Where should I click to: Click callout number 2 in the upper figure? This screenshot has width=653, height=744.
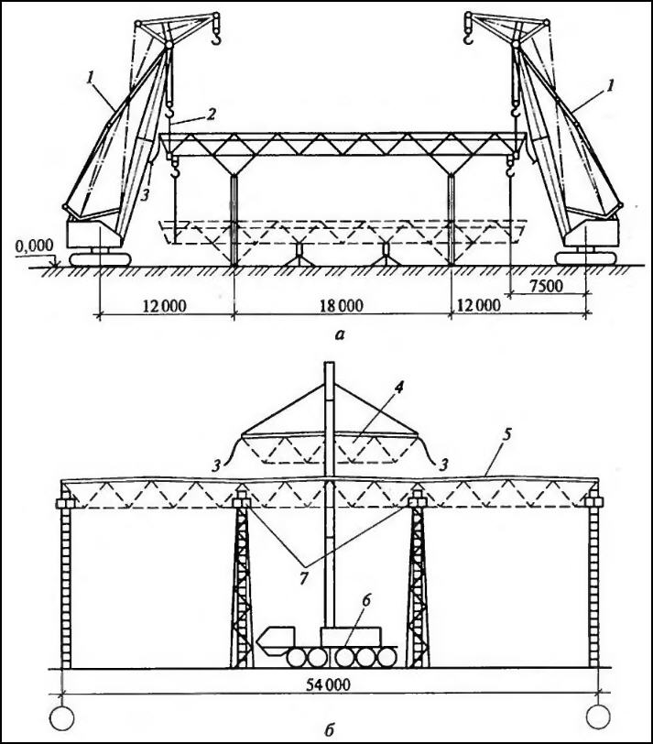point(211,114)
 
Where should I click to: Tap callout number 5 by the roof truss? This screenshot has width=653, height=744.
point(507,435)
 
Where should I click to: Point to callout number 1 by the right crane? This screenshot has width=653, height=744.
point(611,85)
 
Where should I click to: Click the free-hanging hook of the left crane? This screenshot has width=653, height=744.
point(217,37)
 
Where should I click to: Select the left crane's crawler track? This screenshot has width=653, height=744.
point(100,259)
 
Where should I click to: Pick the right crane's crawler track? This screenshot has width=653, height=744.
point(585,258)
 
